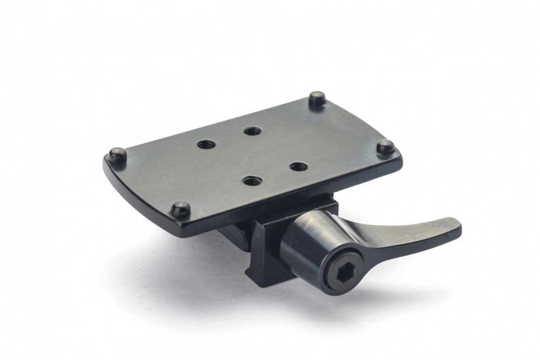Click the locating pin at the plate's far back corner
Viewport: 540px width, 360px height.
[317, 98]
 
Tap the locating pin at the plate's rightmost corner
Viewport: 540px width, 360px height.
[385, 146]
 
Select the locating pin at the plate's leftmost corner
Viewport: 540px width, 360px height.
[117, 154]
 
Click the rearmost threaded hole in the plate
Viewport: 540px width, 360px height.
[252, 131]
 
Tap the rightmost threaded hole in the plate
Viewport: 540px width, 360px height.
[298, 166]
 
